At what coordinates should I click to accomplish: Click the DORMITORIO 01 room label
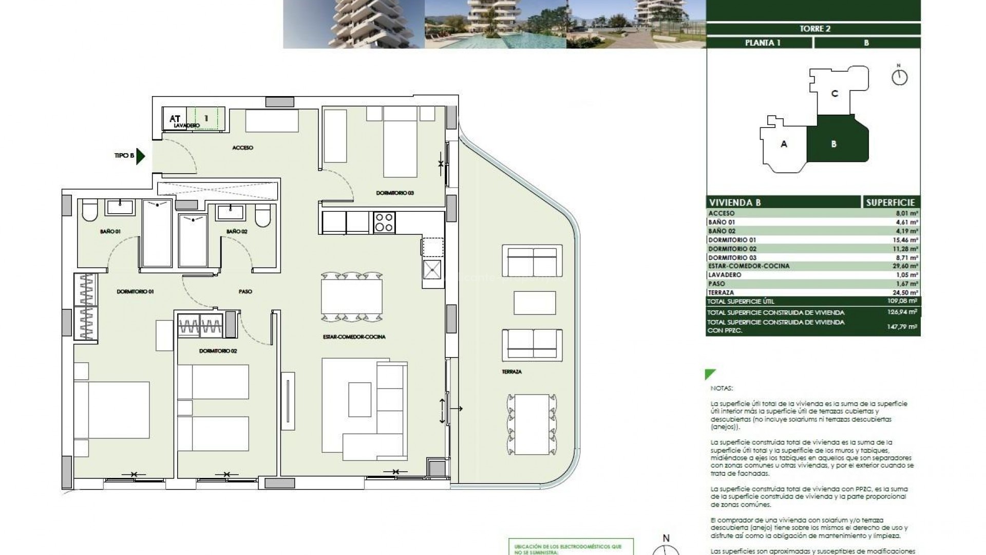(135, 291)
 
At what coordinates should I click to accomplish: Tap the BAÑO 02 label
(237, 232)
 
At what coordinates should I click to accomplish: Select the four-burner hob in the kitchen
(384, 223)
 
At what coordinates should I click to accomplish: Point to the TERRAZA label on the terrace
(512, 372)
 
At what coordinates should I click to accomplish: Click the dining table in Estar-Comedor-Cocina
(352, 295)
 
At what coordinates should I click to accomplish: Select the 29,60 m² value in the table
(908, 266)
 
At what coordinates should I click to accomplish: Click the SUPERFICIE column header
(890, 202)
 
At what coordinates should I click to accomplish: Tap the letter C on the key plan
(835, 94)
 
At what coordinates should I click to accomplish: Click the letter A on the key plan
(784, 144)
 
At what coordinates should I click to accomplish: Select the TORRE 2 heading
(814, 29)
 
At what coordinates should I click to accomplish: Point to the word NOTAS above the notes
(722, 388)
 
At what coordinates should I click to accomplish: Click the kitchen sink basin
(432, 268)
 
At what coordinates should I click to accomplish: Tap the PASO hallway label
(245, 291)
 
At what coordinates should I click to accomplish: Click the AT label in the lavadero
(175, 119)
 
